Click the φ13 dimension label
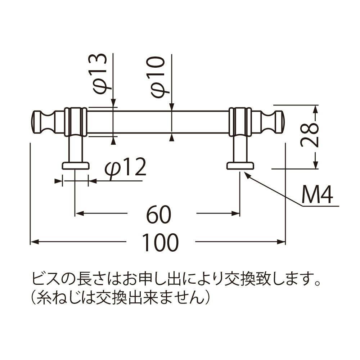coord(100,74)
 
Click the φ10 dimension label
coord(158,77)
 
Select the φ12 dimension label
coord(125,168)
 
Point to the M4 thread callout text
coord(317,194)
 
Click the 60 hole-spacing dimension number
coord(159,215)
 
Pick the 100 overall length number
coord(160,242)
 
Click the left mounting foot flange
coord(75,166)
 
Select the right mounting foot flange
coord(240,166)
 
